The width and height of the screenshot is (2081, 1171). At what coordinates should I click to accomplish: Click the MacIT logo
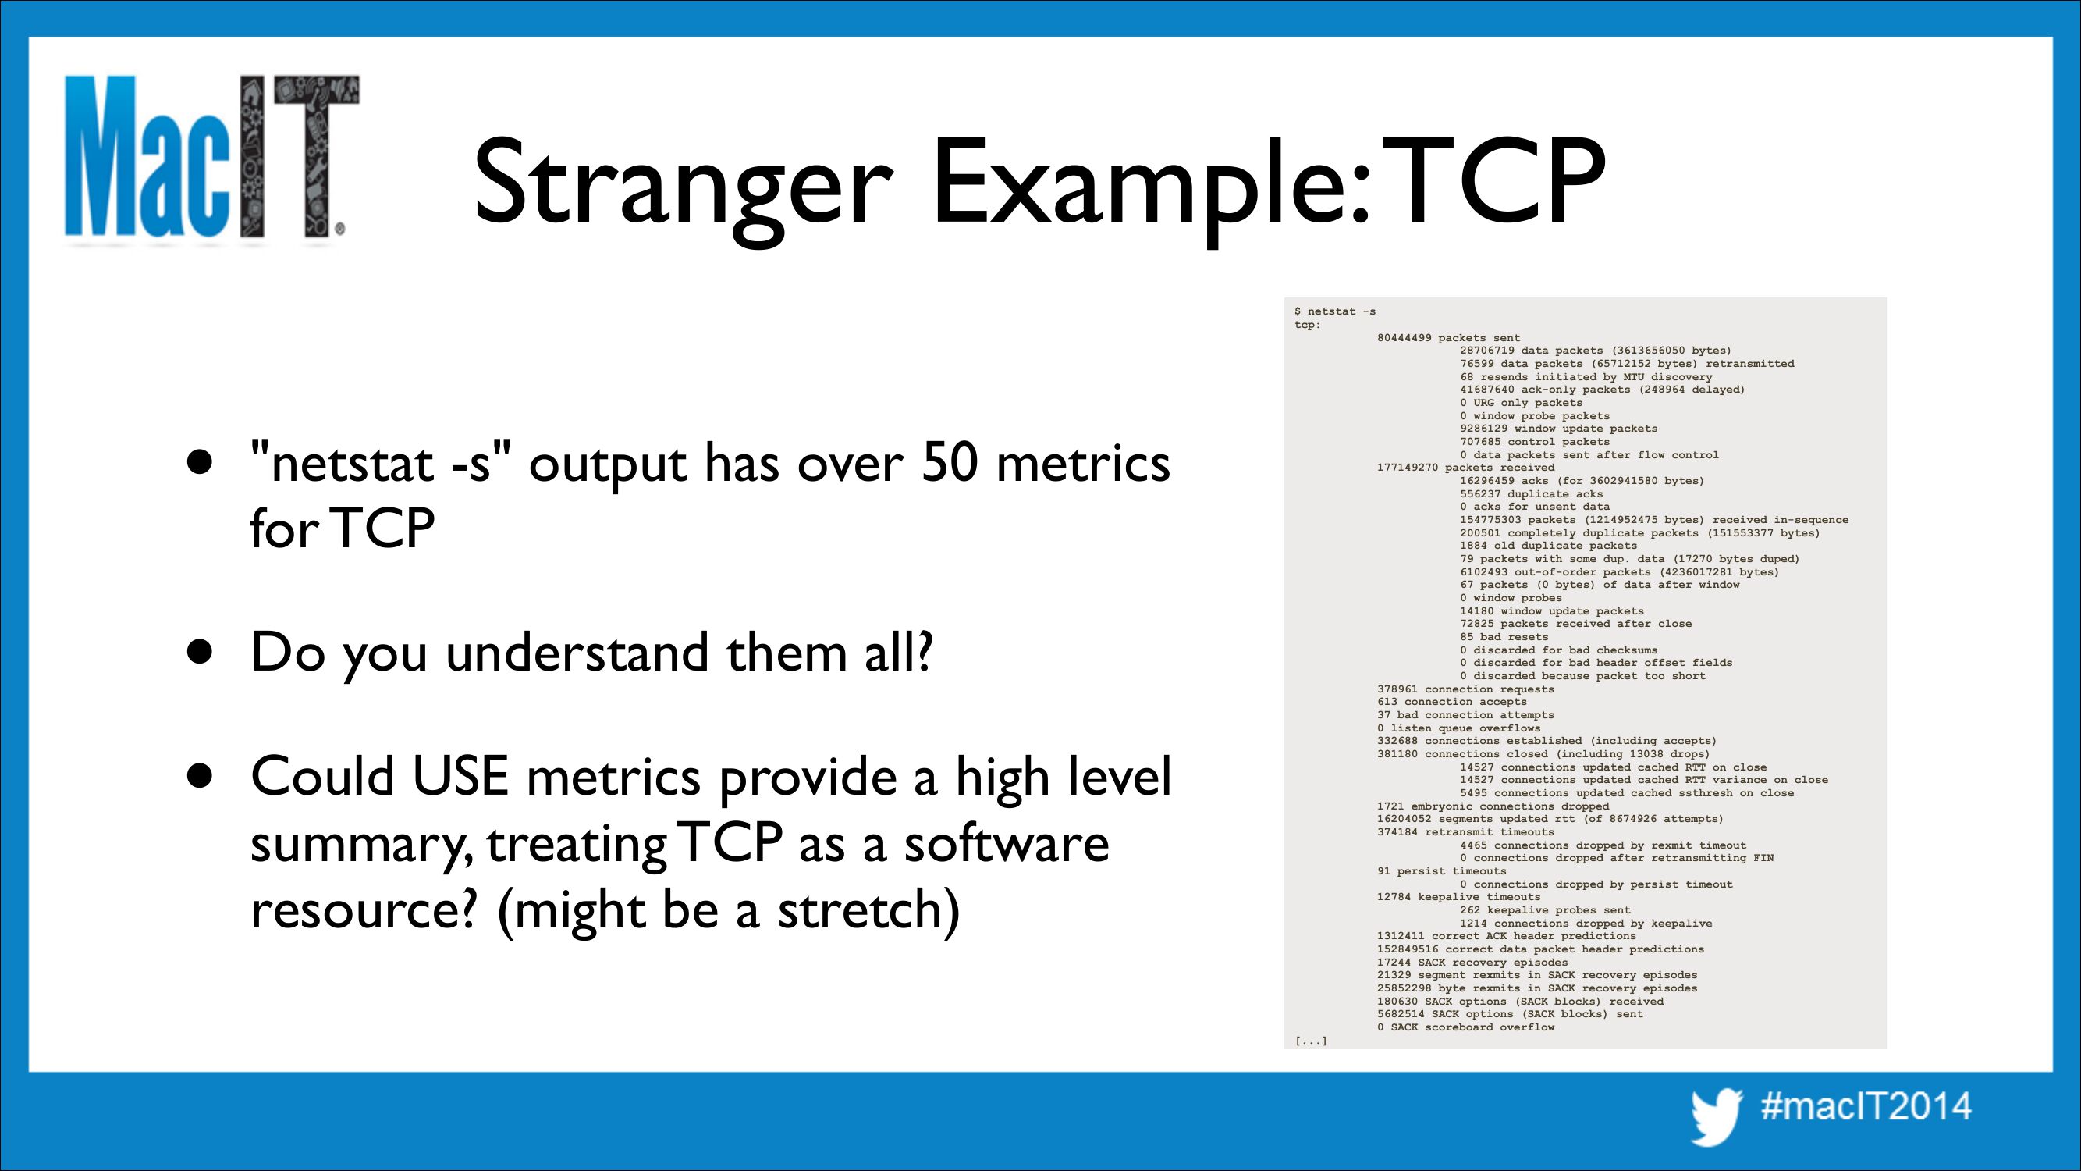click(x=211, y=158)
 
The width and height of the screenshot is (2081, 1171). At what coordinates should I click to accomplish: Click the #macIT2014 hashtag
click(x=1866, y=1106)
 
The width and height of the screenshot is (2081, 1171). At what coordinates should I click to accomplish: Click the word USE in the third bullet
click(x=460, y=776)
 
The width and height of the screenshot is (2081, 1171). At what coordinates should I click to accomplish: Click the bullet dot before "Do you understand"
click(x=200, y=651)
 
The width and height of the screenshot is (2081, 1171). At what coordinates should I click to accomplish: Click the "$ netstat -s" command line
click(x=1334, y=311)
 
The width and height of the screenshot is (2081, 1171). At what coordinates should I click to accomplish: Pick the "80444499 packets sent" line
click(x=1448, y=338)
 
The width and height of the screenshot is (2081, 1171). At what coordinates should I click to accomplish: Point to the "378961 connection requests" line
click(x=1465, y=689)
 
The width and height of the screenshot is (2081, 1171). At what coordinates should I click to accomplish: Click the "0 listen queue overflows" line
click(x=1459, y=728)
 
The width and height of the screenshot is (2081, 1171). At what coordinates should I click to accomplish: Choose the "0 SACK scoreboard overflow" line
click(x=1465, y=1027)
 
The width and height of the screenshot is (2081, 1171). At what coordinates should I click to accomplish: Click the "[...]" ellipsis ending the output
click(x=1310, y=1041)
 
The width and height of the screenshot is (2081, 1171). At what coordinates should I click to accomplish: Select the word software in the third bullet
click(x=1007, y=843)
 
